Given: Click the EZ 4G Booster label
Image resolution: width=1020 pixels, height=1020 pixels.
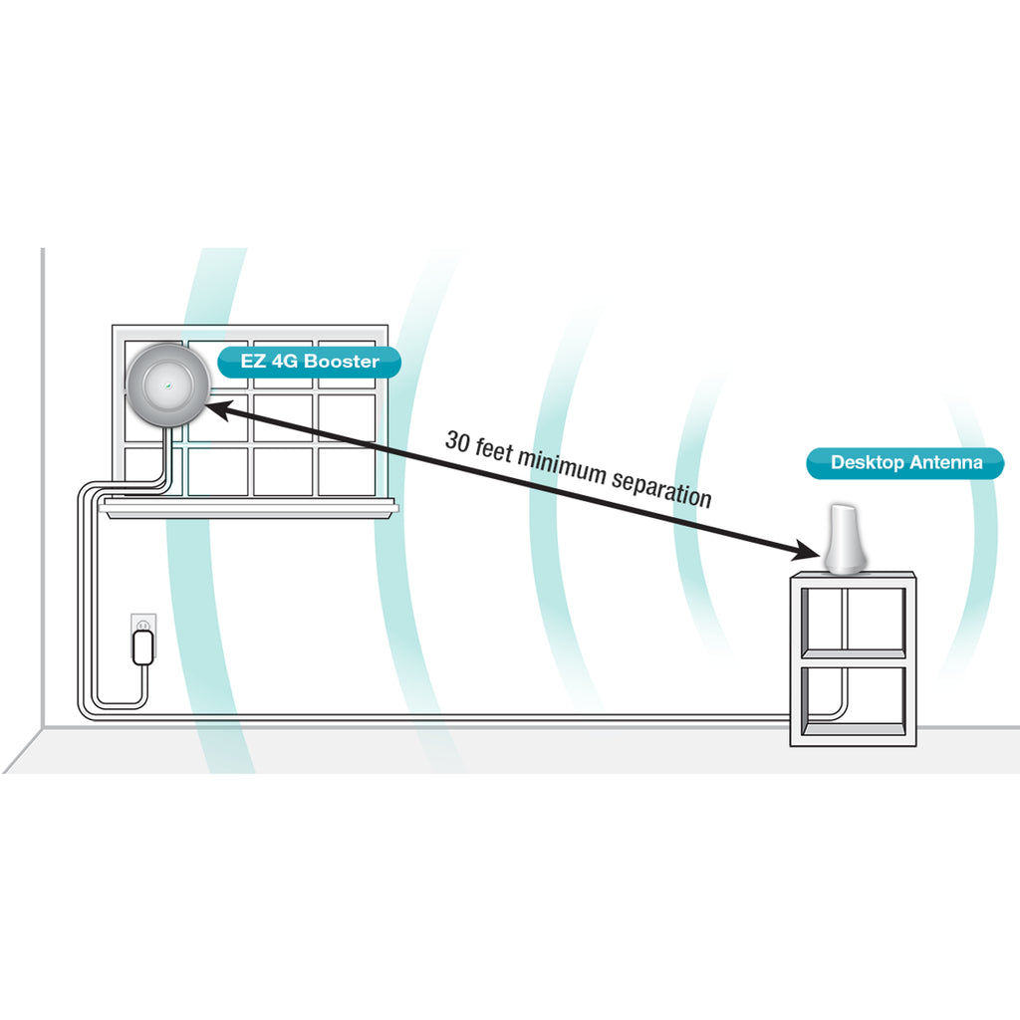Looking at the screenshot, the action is click(309, 362).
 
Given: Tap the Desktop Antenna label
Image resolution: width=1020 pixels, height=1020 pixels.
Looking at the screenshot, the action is click(904, 463).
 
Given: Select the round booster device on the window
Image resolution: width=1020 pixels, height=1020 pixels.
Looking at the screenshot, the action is click(167, 384).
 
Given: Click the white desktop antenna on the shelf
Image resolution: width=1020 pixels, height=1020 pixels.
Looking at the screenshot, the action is click(845, 539).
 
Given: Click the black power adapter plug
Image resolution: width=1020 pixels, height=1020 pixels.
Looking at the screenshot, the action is click(143, 647).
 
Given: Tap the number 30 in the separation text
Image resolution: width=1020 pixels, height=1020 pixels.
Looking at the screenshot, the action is click(456, 441).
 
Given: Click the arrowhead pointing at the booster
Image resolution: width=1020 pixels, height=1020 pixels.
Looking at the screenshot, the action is click(218, 409).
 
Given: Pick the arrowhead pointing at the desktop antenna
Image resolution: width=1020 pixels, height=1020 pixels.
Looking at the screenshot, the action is click(807, 551).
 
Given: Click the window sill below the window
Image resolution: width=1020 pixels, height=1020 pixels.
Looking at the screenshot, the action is click(248, 508).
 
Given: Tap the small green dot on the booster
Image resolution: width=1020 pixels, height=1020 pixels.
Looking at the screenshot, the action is click(168, 385).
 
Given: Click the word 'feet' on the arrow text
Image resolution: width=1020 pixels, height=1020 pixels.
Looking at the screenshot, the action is click(494, 450).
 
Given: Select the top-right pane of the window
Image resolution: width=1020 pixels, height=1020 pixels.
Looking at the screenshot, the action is click(347, 366).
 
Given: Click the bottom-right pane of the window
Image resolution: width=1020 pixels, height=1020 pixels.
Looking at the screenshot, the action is click(347, 471).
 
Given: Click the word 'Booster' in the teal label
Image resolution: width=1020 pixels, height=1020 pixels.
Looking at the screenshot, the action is click(342, 361).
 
